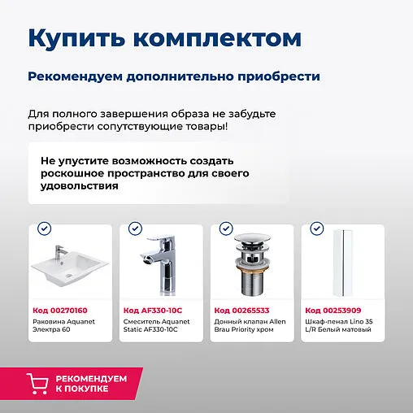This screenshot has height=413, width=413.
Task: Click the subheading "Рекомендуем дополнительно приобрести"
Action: (173, 76)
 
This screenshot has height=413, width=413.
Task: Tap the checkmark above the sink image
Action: (45, 229)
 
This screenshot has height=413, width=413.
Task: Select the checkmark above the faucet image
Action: (135, 229)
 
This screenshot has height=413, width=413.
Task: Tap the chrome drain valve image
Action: (250, 264)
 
